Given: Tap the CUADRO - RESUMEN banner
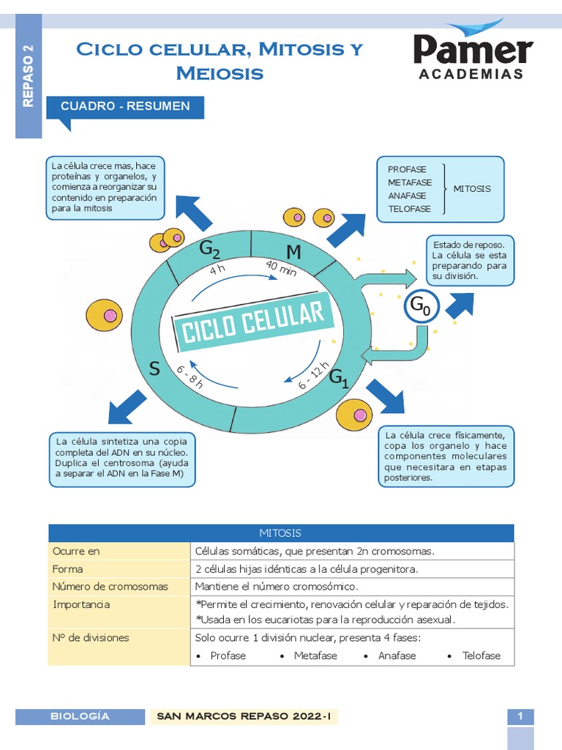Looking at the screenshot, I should (x=125, y=107).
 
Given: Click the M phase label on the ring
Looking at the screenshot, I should (x=293, y=253).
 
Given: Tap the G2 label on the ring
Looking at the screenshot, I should (x=209, y=250).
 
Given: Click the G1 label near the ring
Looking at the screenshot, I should (x=338, y=379).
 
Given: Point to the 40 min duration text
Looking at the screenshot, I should (x=281, y=269).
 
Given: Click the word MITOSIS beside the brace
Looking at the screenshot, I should (x=472, y=189).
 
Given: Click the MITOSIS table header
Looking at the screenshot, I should (x=280, y=533).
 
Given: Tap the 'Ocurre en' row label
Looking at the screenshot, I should (x=76, y=551).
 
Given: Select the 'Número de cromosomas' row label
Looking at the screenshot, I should (x=110, y=587).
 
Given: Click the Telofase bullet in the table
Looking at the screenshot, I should (x=481, y=656).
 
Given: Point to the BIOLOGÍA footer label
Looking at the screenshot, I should (x=80, y=716).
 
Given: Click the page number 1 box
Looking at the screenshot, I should (x=520, y=717).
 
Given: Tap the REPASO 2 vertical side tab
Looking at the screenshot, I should (x=29, y=77).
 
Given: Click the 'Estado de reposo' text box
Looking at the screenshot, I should (x=470, y=260).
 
